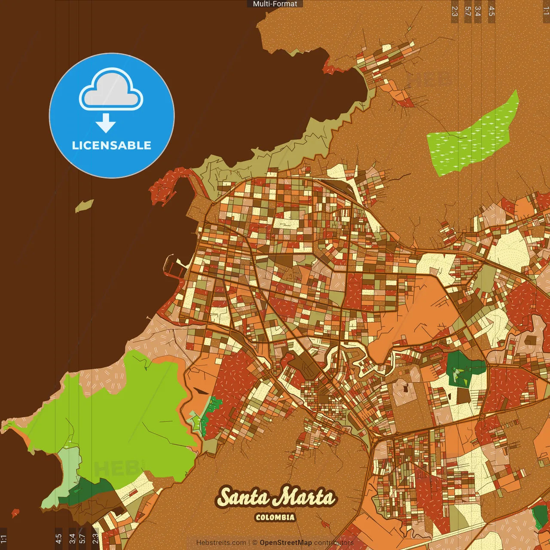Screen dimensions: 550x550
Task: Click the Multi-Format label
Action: [x=275, y=4]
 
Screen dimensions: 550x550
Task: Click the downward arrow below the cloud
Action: [x=106, y=123]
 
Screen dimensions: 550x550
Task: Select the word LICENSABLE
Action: [x=112, y=146]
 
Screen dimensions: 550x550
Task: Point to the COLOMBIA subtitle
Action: [x=275, y=517]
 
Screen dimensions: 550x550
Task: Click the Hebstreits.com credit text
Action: [x=221, y=543]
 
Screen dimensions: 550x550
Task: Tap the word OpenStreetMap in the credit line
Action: [x=286, y=543]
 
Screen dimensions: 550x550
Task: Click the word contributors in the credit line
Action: [x=334, y=543]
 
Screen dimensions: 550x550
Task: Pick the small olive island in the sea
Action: [x=84, y=206]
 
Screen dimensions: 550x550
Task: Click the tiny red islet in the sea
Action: [x=15, y=513]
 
